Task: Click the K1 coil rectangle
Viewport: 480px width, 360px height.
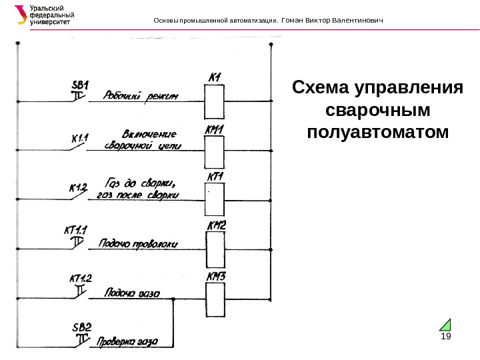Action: [214, 101]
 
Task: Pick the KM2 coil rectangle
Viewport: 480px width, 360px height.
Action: [214, 248]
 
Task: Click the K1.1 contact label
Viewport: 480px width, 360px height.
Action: [79, 139]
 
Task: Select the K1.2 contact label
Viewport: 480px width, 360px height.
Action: [78, 187]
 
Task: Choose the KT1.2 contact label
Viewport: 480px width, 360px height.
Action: [79, 278]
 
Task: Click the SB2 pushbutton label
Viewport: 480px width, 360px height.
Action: [81, 327]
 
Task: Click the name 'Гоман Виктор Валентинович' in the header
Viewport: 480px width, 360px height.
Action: [333, 20]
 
